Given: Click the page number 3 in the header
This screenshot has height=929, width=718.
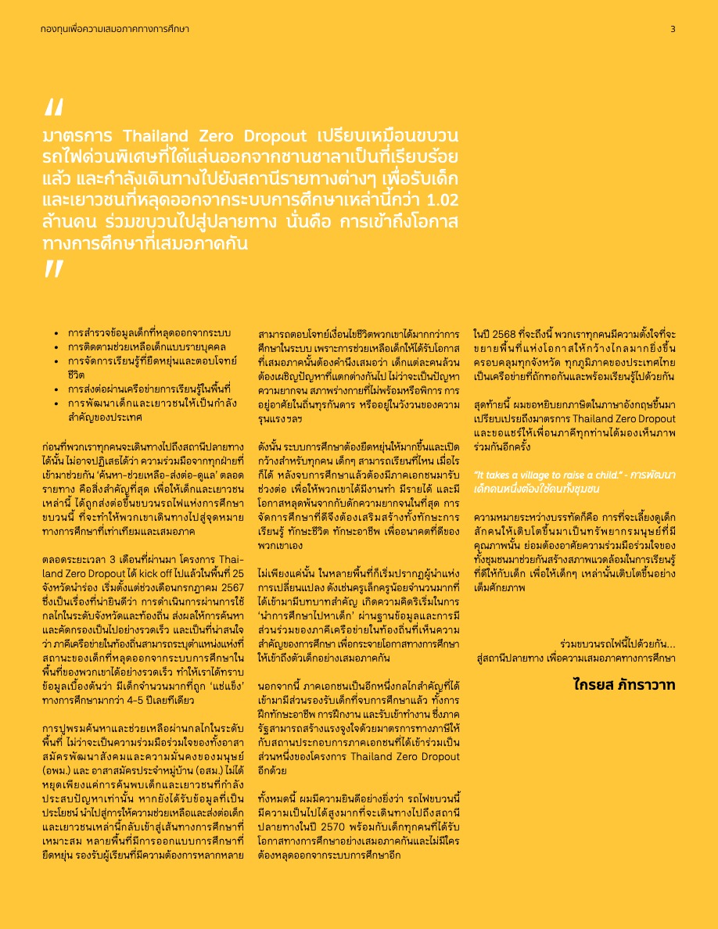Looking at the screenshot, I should pos(673,30).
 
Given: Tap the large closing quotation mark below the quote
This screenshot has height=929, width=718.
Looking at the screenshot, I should pos(54,269).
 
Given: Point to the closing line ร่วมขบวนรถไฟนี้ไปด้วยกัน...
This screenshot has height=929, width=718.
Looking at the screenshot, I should pos(618,645).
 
